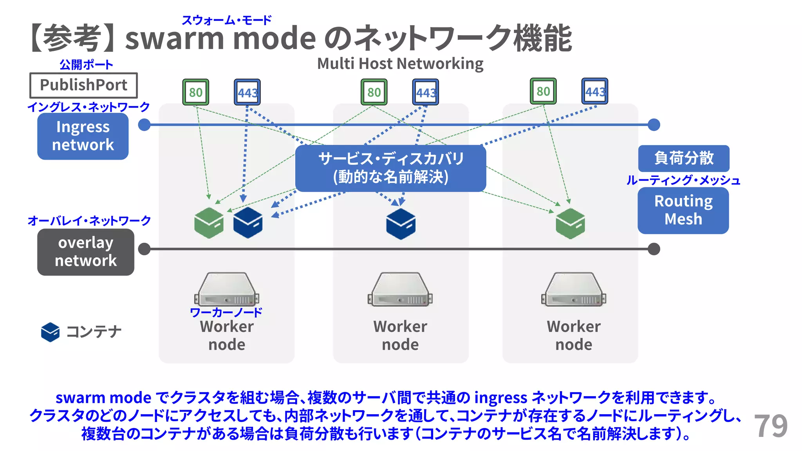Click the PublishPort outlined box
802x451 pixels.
tap(83, 85)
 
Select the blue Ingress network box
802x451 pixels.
tap(83, 136)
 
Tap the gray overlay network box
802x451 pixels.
tap(86, 252)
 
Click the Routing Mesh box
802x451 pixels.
tap(683, 210)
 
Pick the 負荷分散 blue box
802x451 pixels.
tap(684, 158)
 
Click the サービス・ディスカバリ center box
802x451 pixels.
tap(390, 168)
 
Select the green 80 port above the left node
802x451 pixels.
tap(196, 92)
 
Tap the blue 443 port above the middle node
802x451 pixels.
tap(426, 92)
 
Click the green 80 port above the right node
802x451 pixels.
tap(543, 91)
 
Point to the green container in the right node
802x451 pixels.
tap(570, 223)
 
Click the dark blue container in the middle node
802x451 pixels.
tap(401, 224)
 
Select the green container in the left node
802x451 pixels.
tap(209, 223)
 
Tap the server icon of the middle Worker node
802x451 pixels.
tap(400, 290)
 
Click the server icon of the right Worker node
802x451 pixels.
tap(574, 290)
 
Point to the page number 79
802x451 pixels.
tap(771, 426)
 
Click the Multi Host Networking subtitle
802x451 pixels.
tap(400, 63)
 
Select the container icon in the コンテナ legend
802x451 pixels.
tap(51, 332)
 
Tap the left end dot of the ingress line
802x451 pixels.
tap(145, 125)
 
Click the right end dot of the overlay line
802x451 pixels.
tap(654, 249)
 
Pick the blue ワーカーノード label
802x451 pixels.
tap(226, 312)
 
